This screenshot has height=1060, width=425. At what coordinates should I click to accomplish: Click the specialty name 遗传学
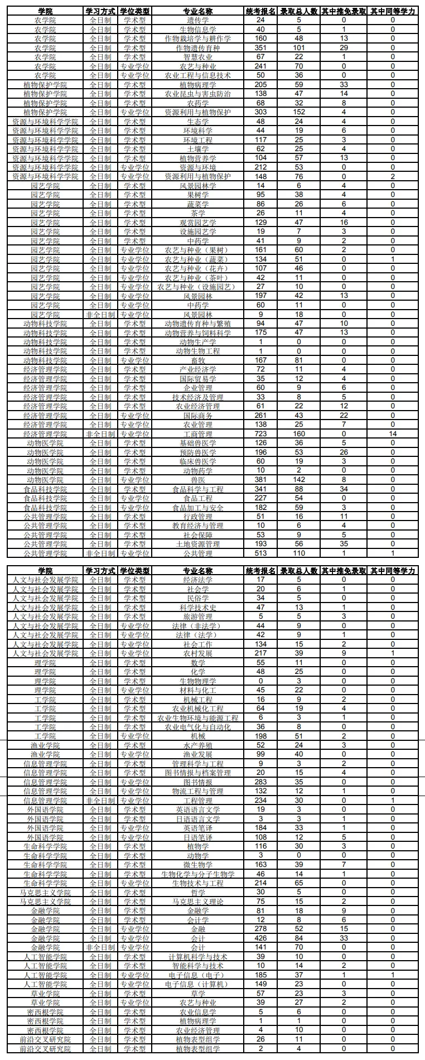(x=198, y=20)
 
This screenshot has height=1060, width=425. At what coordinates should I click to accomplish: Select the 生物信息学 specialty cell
(x=198, y=30)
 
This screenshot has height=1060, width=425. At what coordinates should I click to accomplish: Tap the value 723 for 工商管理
(x=260, y=434)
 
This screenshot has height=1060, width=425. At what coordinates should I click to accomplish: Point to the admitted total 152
(x=299, y=112)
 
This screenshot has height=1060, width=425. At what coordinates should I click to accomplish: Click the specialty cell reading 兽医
(x=198, y=480)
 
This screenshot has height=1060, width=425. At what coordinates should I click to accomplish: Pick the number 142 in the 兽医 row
(x=299, y=480)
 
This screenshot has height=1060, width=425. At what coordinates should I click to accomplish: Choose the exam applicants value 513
(x=260, y=553)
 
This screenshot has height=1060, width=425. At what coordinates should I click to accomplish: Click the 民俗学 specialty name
(x=198, y=598)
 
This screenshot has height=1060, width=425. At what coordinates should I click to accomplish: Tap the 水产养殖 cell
(x=198, y=745)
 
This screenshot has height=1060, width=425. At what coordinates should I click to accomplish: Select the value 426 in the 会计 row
(x=260, y=938)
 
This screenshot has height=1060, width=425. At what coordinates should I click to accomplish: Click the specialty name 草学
(x=198, y=994)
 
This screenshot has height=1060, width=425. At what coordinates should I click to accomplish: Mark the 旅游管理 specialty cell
(x=198, y=616)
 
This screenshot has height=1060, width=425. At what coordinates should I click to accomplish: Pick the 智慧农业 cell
(x=198, y=57)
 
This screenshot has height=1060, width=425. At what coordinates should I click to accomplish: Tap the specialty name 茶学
(x=198, y=213)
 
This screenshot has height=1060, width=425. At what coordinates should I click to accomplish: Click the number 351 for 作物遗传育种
(x=260, y=48)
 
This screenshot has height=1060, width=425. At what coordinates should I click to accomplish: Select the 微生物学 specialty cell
(x=198, y=865)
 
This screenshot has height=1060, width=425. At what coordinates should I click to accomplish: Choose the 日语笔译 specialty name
(x=198, y=837)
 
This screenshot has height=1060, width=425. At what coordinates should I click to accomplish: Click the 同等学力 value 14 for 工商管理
(x=393, y=434)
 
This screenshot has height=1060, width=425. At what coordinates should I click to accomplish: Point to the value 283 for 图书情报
(x=260, y=782)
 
